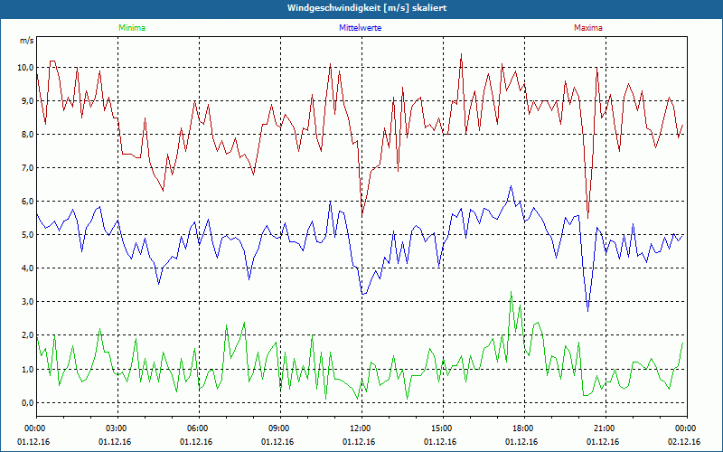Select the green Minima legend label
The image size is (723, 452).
pos(131,28)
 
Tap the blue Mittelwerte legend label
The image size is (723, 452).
pos(359,28)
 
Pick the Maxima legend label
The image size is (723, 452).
pos(587,28)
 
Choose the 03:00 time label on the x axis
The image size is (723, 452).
pos(117,428)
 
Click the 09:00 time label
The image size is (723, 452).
pos(279,428)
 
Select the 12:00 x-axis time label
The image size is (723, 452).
pos(361,428)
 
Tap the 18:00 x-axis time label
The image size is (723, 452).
pos(522,428)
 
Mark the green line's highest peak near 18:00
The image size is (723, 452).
pos(512,292)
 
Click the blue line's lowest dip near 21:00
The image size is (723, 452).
pos(588,312)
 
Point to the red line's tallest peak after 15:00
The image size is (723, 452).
pos(461,54)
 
